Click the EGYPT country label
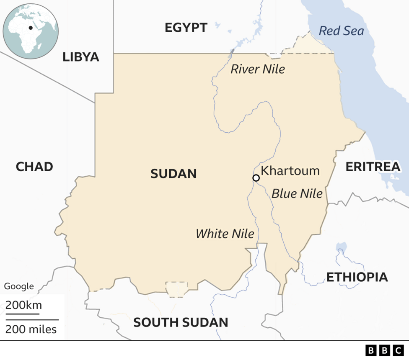tap(186, 28)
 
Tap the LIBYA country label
tap(81, 57)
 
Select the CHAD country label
tap(34, 167)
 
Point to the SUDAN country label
tap(173, 174)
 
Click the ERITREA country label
tap(373, 167)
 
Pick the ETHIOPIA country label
tap(357, 277)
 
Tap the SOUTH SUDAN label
tap(181, 322)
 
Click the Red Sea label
tap(341, 31)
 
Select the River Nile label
tap(257, 69)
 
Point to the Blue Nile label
tap(297, 193)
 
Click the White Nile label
tap(225, 234)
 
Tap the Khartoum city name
tap(290, 171)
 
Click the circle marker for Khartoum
tap(256, 178)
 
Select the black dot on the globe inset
tap(31, 28)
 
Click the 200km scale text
tap(23, 305)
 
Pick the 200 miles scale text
tap(31, 329)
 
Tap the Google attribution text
tap(19, 286)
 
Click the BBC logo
tap(384, 350)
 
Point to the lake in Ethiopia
tap(342, 247)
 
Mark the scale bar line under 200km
tap(22, 313)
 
